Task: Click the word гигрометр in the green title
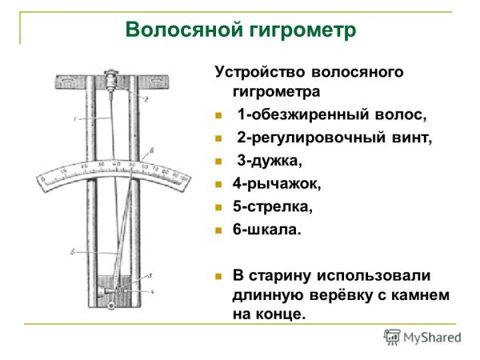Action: (300, 30)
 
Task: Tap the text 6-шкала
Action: (268, 230)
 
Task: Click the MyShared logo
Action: (422, 337)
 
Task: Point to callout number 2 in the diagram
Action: (146, 98)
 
